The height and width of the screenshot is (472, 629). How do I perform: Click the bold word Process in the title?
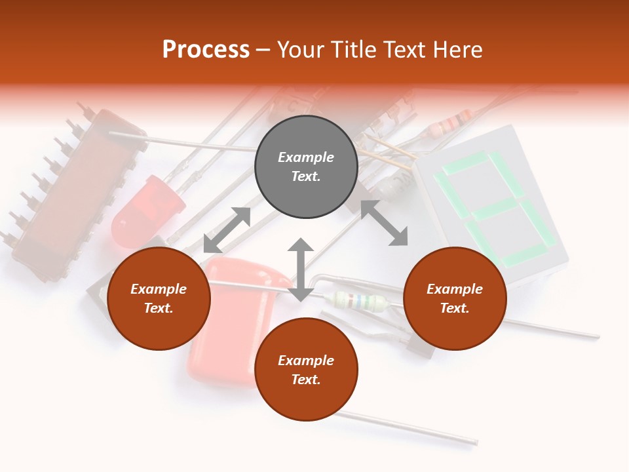(206, 50)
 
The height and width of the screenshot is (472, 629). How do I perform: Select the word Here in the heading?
(457, 50)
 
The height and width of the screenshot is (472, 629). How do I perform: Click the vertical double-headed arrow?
(301, 269)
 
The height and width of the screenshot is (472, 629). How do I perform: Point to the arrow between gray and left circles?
(227, 230)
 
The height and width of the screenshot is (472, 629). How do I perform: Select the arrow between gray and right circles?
(384, 223)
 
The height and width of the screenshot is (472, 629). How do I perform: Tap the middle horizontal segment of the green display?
(494, 210)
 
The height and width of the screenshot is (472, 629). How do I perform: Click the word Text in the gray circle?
(306, 176)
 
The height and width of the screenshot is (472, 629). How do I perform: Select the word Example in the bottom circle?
(306, 361)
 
